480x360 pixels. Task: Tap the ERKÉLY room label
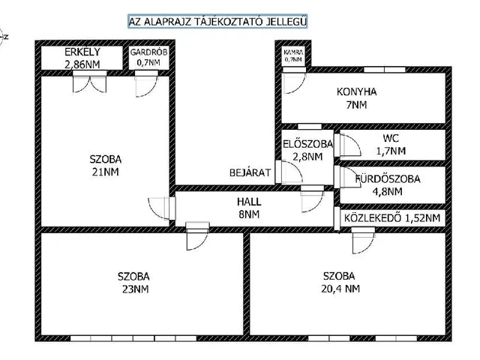point(82,52)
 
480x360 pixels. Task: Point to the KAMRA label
point(293,51)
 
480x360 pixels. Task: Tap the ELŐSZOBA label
point(304,145)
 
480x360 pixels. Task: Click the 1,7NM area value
point(389,151)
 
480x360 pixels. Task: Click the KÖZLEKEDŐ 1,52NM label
point(391,218)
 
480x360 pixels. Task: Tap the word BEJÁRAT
point(250,172)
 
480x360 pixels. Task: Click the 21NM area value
point(104,171)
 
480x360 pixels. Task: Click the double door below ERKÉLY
point(83,84)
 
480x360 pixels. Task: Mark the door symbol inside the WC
point(348,143)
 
